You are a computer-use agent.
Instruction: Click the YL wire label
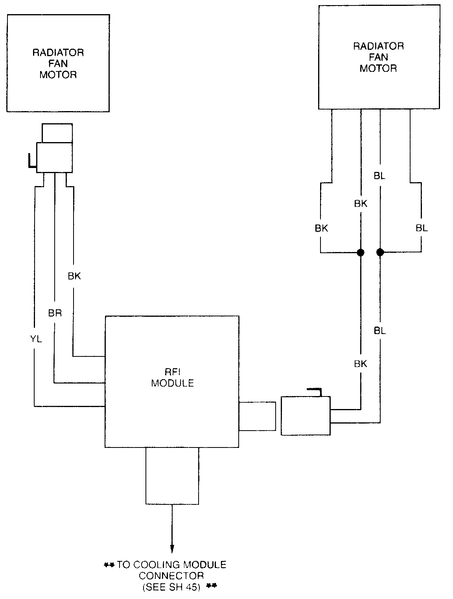pyautogui.click(x=36, y=339)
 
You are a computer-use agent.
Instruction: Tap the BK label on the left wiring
pyautogui.click(x=74, y=276)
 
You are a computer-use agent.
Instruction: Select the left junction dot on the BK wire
pyautogui.click(x=360, y=252)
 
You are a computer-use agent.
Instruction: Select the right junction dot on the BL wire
pyautogui.click(x=380, y=252)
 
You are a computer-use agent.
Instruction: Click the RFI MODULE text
pyautogui.click(x=173, y=378)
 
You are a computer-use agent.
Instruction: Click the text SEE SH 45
pyautogui.click(x=171, y=587)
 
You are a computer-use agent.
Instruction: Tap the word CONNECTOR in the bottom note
pyautogui.click(x=171, y=576)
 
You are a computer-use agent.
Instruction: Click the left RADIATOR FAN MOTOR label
pyautogui.click(x=58, y=63)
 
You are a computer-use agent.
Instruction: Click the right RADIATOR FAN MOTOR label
pyautogui.click(x=378, y=57)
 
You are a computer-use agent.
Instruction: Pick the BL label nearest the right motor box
pyautogui.click(x=379, y=176)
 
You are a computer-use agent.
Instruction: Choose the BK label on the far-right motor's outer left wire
pyautogui.click(x=321, y=228)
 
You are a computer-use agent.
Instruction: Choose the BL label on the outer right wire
pyautogui.click(x=422, y=228)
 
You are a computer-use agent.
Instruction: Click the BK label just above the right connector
pyautogui.click(x=360, y=364)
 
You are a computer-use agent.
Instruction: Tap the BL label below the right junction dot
pyautogui.click(x=380, y=331)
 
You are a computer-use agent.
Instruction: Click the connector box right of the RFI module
pyautogui.click(x=306, y=416)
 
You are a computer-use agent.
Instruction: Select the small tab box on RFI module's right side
pyautogui.click(x=257, y=416)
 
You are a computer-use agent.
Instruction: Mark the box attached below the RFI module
pyautogui.click(x=172, y=476)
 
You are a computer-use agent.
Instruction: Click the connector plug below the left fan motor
pyautogui.click(x=54, y=157)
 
